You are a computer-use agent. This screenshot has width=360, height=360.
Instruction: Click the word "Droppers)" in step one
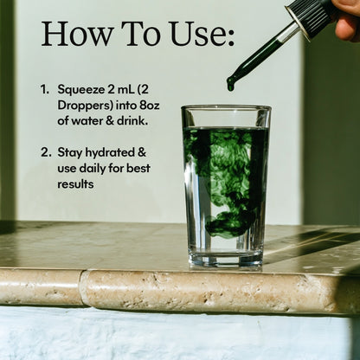click(x=85, y=106)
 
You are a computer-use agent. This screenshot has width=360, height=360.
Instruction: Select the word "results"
click(x=75, y=184)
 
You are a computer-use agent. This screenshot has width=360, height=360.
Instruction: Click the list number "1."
click(x=45, y=90)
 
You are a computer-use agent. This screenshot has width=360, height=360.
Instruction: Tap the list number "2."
click(x=46, y=152)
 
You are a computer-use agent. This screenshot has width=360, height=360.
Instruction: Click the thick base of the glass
click(x=226, y=259)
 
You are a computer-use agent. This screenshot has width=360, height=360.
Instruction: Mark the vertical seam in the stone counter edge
click(x=80, y=287)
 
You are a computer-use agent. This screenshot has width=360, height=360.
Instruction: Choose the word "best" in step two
click(x=138, y=168)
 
